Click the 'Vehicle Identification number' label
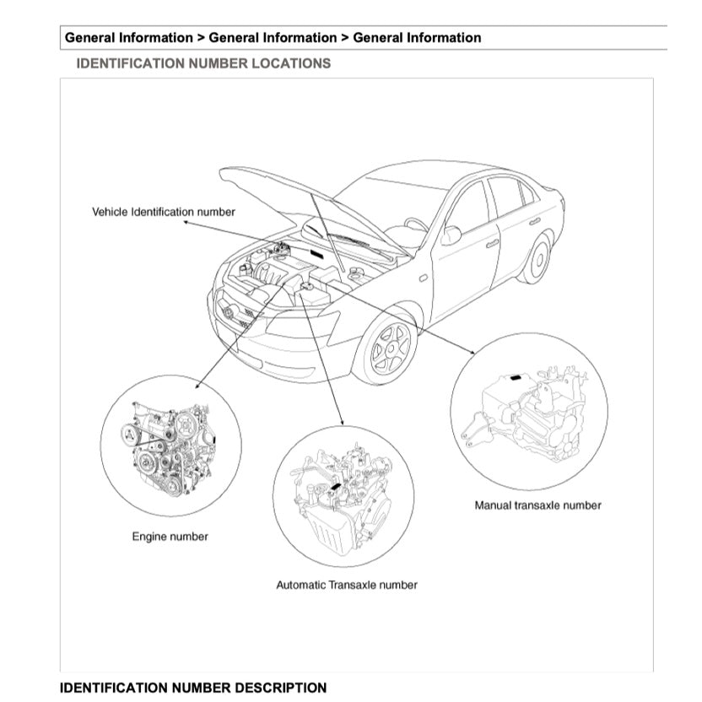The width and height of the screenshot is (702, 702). pyautogui.click(x=163, y=211)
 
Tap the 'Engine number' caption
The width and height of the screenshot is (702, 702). pyautogui.click(x=170, y=536)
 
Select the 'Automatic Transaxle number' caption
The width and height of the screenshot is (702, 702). pyautogui.click(x=346, y=584)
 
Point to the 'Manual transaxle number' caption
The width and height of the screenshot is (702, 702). pyautogui.click(x=537, y=505)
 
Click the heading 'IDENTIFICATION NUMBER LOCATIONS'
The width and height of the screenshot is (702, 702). pyautogui.click(x=203, y=63)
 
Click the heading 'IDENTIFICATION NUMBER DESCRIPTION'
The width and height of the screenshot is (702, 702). pyautogui.click(x=192, y=688)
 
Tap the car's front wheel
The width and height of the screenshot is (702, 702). pyautogui.click(x=390, y=348)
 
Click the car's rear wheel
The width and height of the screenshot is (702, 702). pyautogui.click(x=537, y=258)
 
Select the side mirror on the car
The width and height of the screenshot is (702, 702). pyautogui.click(x=451, y=235)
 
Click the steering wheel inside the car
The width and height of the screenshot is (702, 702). pyautogui.click(x=416, y=224)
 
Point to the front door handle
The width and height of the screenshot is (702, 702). pyautogui.click(x=491, y=243)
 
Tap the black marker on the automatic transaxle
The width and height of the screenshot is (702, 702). pyautogui.click(x=336, y=487)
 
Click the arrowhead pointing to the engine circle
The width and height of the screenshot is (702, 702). pyautogui.click(x=197, y=386)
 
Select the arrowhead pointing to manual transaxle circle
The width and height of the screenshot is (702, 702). pyautogui.click(x=472, y=350)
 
